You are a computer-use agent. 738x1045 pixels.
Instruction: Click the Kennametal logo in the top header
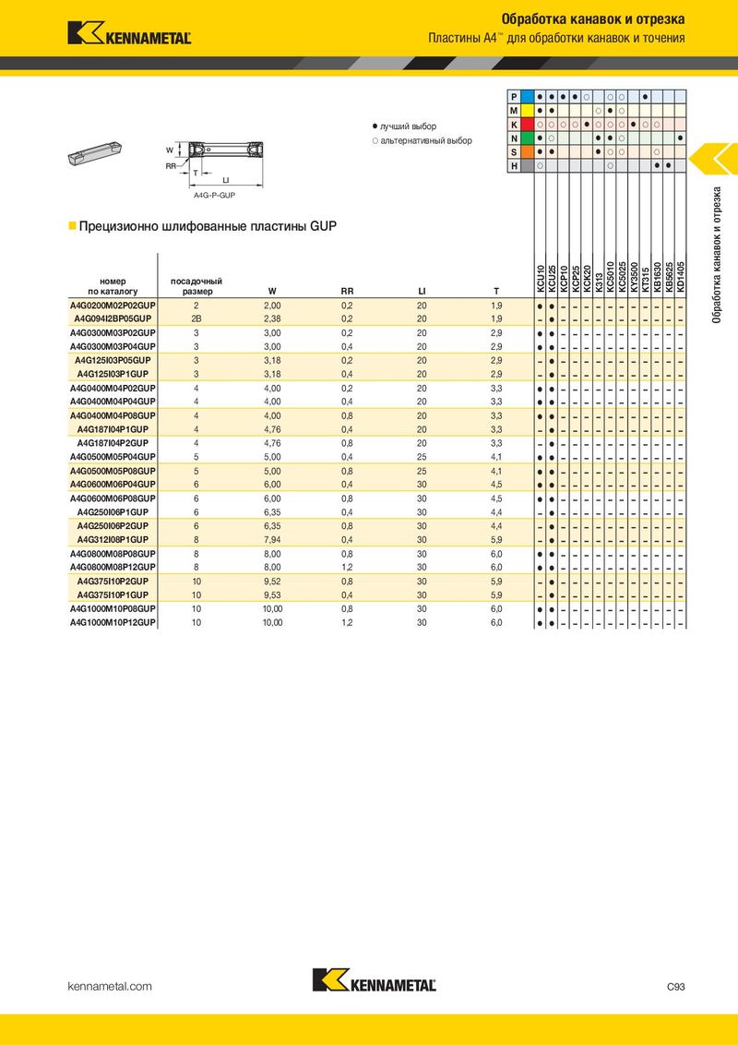[x=129, y=34]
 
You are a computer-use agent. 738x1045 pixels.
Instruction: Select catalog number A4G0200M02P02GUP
[x=113, y=306]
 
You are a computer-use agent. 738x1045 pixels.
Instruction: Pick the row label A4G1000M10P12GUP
[x=113, y=624]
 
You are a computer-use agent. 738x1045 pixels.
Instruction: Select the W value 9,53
[x=272, y=596]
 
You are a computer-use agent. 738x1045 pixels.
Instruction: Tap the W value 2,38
[x=272, y=319]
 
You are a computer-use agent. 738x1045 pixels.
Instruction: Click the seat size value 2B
[x=196, y=319]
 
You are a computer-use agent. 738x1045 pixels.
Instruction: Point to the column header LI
[x=422, y=292]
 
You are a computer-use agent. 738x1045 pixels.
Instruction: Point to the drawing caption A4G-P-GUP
[x=213, y=196]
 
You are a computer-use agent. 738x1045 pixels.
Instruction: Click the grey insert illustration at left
[x=92, y=153]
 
